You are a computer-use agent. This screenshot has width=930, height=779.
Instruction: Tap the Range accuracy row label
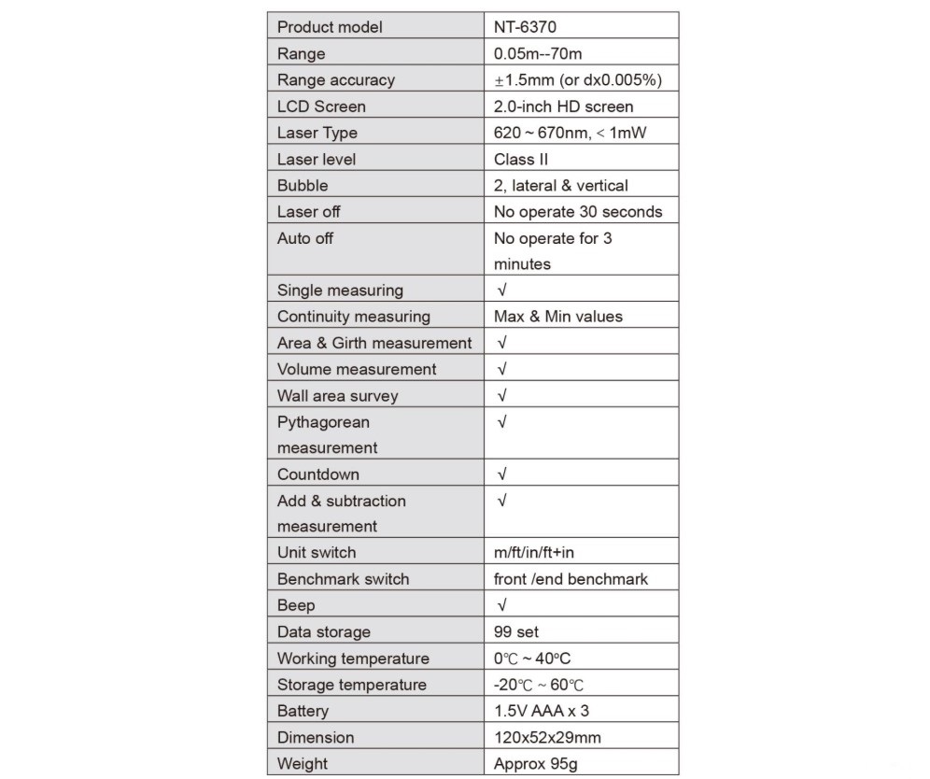(335, 80)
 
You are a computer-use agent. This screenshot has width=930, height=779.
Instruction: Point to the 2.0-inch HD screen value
(563, 106)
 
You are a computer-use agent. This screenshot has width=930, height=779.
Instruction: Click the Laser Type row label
(317, 133)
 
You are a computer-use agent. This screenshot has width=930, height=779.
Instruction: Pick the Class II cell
(521, 159)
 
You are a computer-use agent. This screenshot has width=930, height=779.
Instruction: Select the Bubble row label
(303, 185)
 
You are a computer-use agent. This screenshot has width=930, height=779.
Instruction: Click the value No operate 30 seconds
(577, 211)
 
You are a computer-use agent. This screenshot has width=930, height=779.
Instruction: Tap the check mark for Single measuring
(502, 290)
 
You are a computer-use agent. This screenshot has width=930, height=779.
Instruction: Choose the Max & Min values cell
(557, 317)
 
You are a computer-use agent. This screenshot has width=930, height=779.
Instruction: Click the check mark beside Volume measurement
(502, 369)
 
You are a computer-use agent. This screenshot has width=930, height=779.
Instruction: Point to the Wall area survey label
(337, 395)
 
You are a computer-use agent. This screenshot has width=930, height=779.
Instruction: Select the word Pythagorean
(323, 422)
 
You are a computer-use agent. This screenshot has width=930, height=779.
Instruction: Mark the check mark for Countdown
(502, 474)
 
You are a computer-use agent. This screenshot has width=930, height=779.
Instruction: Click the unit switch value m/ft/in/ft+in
(546, 552)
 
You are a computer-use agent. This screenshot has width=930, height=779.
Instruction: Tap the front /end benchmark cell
(571, 579)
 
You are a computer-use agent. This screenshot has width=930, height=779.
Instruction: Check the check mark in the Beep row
(502, 605)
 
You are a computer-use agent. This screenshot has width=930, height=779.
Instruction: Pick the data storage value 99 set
(516, 631)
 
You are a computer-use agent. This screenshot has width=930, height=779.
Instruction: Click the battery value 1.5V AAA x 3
(541, 711)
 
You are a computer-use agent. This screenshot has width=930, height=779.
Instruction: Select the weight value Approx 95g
(535, 763)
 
